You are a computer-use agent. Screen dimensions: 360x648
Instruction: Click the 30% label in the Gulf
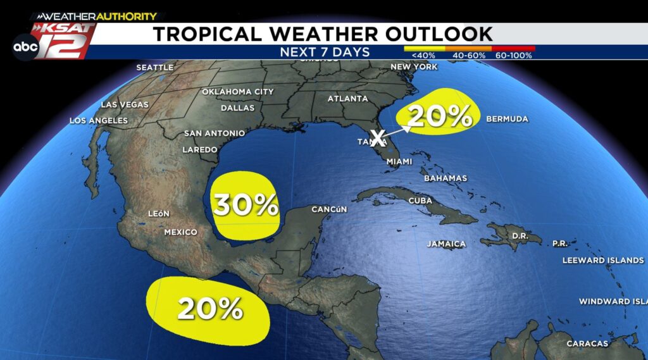click(246, 205)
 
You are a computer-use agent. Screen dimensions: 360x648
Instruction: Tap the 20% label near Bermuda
click(440, 116)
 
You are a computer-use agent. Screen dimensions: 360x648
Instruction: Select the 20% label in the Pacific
click(210, 308)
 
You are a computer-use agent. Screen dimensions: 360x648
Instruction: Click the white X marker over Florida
click(378, 137)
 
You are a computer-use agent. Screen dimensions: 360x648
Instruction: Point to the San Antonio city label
click(215, 133)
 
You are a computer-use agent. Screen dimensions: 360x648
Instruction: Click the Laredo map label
click(199, 150)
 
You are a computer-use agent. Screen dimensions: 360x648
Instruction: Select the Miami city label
click(399, 162)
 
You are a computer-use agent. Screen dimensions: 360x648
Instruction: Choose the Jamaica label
click(446, 244)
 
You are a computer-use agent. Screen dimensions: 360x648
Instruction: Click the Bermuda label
click(506, 119)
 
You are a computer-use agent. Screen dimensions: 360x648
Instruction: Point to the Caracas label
click(588, 344)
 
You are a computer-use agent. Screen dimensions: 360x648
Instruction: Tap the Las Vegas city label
click(125, 104)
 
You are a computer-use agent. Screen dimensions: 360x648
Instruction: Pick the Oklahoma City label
click(237, 92)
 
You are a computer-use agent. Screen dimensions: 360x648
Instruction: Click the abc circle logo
click(25, 47)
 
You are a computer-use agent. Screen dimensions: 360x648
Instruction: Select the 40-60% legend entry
click(469, 56)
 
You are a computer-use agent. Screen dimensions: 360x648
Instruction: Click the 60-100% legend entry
click(514, 56)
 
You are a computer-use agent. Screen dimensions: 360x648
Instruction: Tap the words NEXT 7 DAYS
click(325, 52)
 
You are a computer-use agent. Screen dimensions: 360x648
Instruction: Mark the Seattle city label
click(154, 68)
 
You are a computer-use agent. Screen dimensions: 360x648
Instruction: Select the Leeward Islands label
click(602, 260)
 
